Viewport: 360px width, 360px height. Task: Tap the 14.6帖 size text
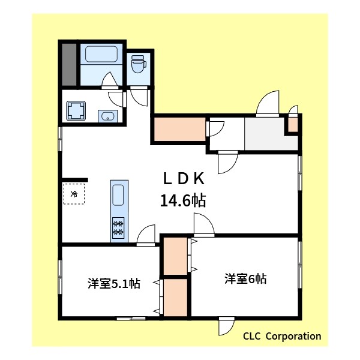click(x=183, y=200)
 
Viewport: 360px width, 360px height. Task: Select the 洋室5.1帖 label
click(x=113, y=283)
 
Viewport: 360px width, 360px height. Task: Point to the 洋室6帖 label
click(x=245, y=278)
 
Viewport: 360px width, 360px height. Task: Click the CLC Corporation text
click(x=281, y=336)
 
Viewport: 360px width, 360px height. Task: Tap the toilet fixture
click(x=139, y=62)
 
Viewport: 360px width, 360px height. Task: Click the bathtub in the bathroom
click(x=100, y=55)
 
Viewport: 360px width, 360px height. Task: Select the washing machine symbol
click(x=76, y=110)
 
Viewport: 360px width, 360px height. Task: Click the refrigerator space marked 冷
click(x=74, y=194)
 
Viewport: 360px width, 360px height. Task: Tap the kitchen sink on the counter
click(x=118, y=194)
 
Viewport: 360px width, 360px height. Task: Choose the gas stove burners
click(x=118, y=227)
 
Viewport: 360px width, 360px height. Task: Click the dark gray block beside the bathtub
click(x=68, y=64)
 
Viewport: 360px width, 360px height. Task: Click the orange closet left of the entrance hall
click(x=179, y=129)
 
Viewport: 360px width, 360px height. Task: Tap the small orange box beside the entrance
click(x=292, y=124)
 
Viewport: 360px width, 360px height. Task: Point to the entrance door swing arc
click(x=268, y=102)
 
